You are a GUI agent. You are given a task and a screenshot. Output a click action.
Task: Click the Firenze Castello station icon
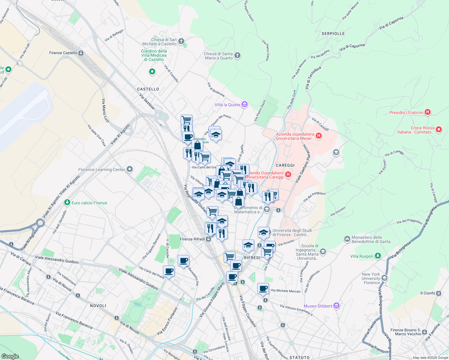coord(81,53)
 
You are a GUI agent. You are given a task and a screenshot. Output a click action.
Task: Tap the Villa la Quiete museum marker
coord(245,104)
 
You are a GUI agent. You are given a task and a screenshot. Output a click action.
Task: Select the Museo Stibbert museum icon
coord(336,306)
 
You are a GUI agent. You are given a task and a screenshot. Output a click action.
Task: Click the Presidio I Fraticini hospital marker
coord(428,112)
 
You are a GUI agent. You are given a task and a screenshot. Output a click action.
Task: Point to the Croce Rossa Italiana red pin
coord(439,130)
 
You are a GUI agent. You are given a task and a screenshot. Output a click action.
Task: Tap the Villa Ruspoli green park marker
coord(378,256)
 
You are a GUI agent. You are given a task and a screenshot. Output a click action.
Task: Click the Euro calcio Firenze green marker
coord(67,203)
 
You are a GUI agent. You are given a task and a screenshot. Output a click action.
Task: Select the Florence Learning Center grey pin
coord(130,169)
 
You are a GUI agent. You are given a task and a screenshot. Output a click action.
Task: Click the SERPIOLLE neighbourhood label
coord(333,34)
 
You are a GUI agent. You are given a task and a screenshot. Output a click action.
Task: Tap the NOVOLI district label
coord(98,306)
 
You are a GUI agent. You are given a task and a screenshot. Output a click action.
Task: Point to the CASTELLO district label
coord(148,89)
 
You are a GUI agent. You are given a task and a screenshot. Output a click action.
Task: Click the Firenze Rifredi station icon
coord(208,239)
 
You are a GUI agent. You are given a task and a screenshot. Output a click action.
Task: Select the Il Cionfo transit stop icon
coord(439,293)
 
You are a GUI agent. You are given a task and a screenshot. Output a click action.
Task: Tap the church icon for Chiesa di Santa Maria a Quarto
coord(237,55)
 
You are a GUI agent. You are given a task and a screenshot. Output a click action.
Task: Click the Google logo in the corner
coord(10,356)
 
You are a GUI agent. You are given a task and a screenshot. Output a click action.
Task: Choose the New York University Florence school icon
coord(384,278)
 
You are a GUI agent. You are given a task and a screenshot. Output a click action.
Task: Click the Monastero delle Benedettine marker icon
coord(347,239)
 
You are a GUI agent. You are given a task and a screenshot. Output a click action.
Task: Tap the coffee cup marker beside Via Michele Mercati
coord(263,289)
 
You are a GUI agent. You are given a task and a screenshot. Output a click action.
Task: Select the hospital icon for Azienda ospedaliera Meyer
coord(319,136)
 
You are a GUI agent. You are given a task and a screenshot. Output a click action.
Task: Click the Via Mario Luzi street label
coord(105,110)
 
